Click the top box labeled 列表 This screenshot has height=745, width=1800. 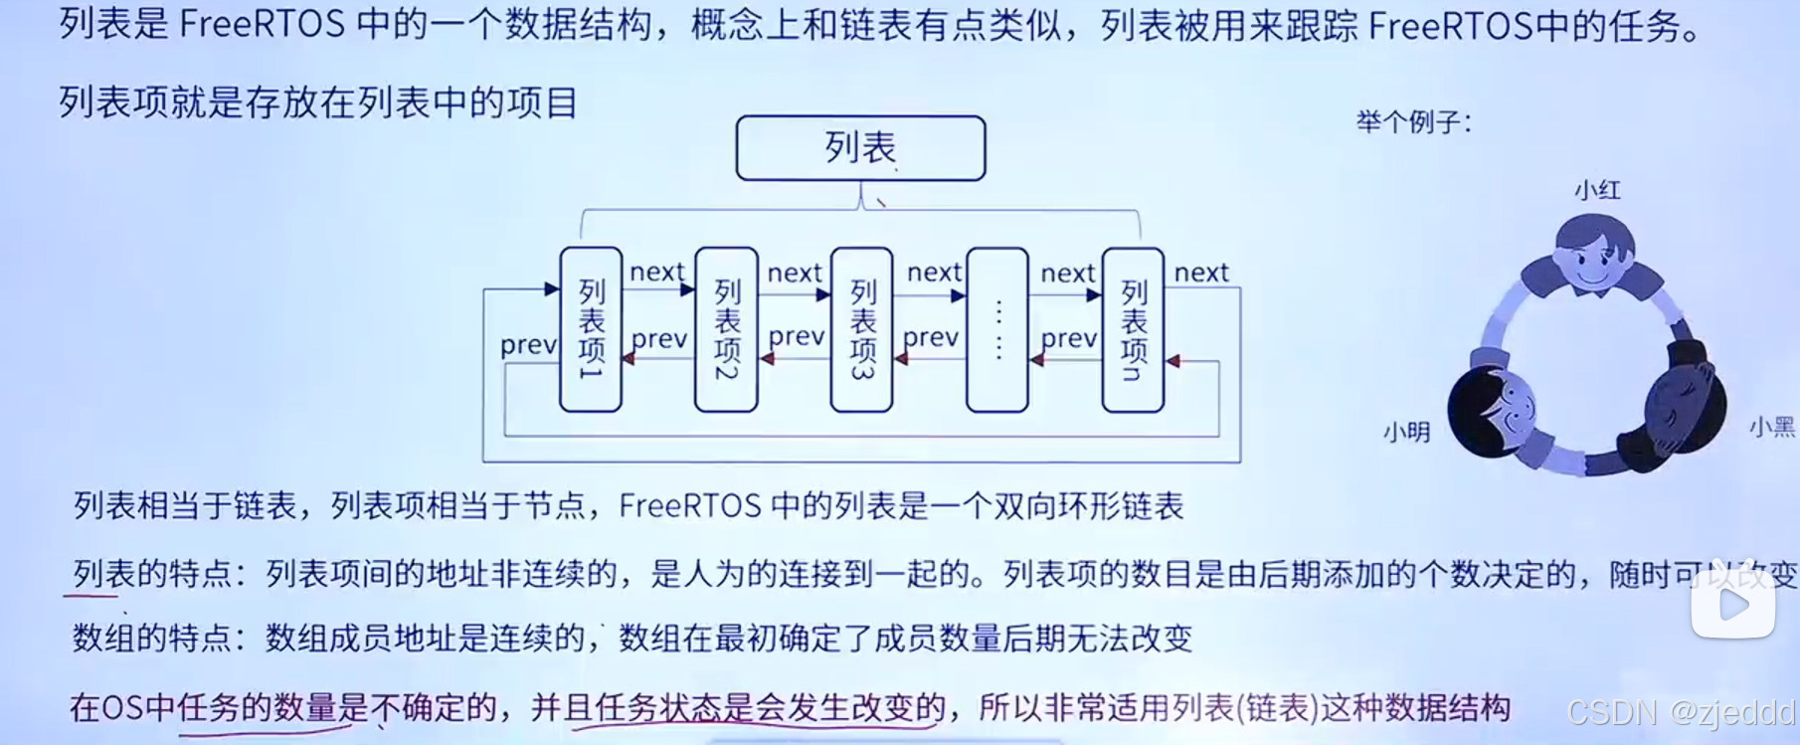tap(860, 148)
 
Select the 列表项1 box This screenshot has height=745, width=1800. tap(591, 329)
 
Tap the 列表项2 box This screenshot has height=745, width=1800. tap(726, 329)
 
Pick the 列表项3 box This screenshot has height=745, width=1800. tap(861, 329)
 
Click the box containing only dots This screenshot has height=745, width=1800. tap(997, 329)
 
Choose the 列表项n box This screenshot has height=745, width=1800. tap(1133, 329)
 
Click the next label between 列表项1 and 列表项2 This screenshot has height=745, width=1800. tap(657, 272)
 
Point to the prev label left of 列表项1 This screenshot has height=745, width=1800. tap(528, 345)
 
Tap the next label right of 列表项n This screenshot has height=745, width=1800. tap(1201, 273)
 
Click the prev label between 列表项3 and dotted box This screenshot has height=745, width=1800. tap(931, 338)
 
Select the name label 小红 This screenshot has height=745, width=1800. tap(1597, 190)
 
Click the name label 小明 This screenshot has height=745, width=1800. tap(1406, 432)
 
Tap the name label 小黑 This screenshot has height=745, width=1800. tap(1771, 428)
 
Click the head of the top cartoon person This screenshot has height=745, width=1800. tap(1594, 251)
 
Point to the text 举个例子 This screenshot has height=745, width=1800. tap(1413, 122)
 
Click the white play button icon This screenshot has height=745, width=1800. tap(1733, 604)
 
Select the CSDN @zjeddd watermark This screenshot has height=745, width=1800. tap(1681, 712)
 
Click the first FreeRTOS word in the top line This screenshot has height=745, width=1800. tap(263, 24)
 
